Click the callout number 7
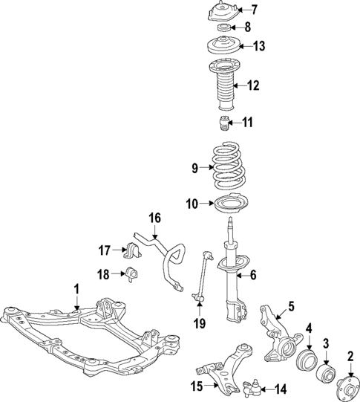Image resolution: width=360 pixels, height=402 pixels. click(254, 10)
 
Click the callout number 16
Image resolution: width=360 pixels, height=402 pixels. click(154, 218)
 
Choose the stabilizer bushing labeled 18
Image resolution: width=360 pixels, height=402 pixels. click(134, 274)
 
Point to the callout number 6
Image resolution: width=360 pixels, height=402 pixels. click(252, 275)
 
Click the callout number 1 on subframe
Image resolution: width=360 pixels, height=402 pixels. click(75, 288)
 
